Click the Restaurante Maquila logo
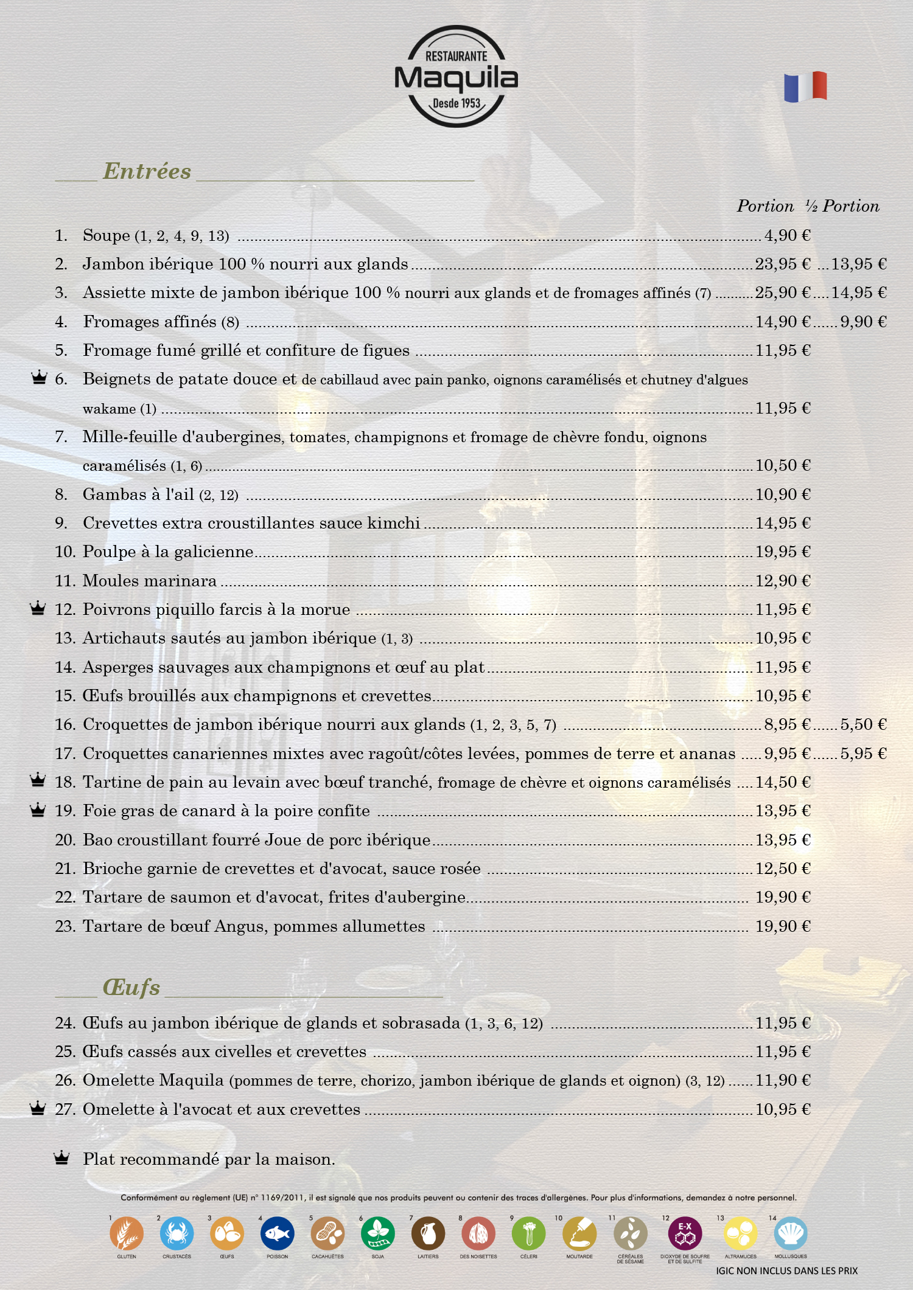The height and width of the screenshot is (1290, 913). coord(456,77)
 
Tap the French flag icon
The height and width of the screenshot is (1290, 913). coord(805,86)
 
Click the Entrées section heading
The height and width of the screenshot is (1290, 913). coord(147,172)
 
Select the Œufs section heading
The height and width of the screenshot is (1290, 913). coord(131,987)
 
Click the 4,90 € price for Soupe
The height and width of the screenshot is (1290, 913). coord(787,235)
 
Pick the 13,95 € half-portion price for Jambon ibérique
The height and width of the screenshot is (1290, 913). coord(859,264)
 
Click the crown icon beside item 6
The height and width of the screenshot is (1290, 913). coord(39,378)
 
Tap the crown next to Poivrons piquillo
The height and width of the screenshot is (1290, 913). coord(38,608)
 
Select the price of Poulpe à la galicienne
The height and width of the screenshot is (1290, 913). coord(783,552)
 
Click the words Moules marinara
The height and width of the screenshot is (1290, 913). coord(150,581)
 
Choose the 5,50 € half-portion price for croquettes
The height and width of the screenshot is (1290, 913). coord(863,724)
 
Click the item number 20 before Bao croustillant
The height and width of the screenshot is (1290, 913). coord(65,840)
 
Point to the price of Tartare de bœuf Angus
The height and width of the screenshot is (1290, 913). coord(783,926)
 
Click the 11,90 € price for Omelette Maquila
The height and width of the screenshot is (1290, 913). coord(783,1080)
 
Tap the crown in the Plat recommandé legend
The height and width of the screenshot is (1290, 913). coord(61,1158)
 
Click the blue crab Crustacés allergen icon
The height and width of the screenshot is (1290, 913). coord(177,1233)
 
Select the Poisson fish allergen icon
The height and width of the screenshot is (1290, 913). coord(277,1233)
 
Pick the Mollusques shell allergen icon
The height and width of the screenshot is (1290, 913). coord(791,1233)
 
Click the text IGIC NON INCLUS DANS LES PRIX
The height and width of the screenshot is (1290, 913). coord(786,1271)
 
